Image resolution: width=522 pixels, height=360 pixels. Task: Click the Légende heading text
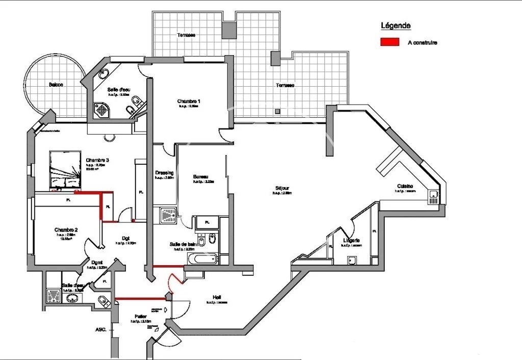tap(396, 25)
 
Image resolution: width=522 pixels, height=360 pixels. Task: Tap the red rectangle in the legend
tap(389, 42)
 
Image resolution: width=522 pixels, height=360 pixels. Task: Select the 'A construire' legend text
tap(422, 43)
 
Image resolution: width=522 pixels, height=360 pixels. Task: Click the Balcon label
tap(56, 85)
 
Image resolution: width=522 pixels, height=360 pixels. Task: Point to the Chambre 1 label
tap(189, 101)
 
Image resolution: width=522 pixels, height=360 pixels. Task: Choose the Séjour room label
tap(281, 187)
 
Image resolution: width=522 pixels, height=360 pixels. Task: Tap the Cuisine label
tap(406, 186)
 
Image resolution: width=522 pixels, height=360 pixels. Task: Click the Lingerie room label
tap(352, 240)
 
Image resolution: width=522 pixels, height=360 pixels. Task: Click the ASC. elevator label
tap(100, 330)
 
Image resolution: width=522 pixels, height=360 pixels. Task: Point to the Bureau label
tap(200, 177)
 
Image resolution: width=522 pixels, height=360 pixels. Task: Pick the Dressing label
tap(164, 172)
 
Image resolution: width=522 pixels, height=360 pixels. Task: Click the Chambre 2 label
tap(66, 230)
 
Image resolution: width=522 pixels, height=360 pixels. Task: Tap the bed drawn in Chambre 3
tap(65, 170)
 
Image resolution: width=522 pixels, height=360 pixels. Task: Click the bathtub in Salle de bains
tap(200, 260)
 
